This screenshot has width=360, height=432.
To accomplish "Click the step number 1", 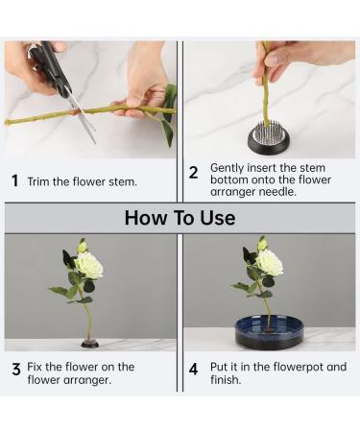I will (14, 180).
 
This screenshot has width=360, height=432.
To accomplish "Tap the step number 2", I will (193, 173).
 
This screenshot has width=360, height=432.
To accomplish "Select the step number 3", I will (15, 368).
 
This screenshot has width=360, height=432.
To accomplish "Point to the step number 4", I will (193, 368).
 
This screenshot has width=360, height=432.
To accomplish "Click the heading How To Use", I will (180, 218).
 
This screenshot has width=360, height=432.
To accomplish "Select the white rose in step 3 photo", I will (89, 264).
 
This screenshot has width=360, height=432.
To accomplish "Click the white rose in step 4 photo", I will (269, 262).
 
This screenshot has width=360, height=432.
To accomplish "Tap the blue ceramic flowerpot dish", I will (269, 334).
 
